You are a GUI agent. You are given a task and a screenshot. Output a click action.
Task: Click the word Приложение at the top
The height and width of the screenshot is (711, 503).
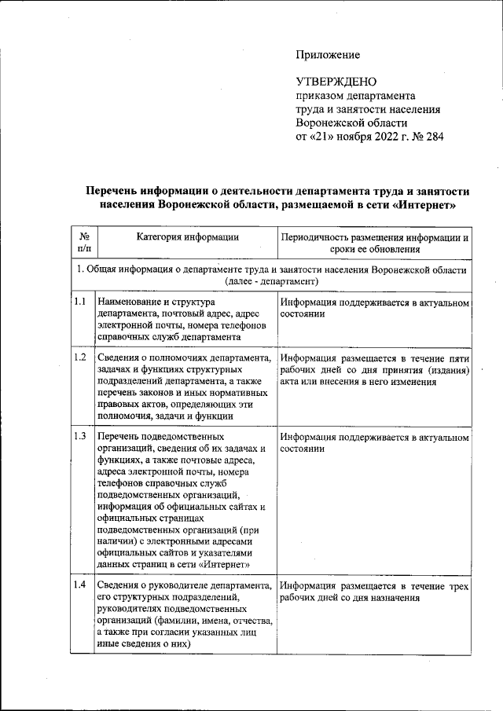[328, 55]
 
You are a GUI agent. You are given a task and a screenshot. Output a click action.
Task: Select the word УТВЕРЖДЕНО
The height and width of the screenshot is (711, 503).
[336, 82]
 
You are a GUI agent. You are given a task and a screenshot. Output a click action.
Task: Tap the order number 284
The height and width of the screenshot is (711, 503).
[433, 137]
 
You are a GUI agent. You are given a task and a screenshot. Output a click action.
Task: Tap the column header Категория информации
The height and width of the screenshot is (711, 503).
[187, 236]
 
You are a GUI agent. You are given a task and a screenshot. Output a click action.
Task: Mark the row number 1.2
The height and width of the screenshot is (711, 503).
[79, 357]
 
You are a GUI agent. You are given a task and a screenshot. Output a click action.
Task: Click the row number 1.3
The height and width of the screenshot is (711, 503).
[79, 436]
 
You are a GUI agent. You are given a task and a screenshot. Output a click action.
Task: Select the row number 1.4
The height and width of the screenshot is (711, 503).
[79, 586]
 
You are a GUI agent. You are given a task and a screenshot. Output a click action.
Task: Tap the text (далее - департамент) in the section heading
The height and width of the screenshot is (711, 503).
[271, 280]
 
